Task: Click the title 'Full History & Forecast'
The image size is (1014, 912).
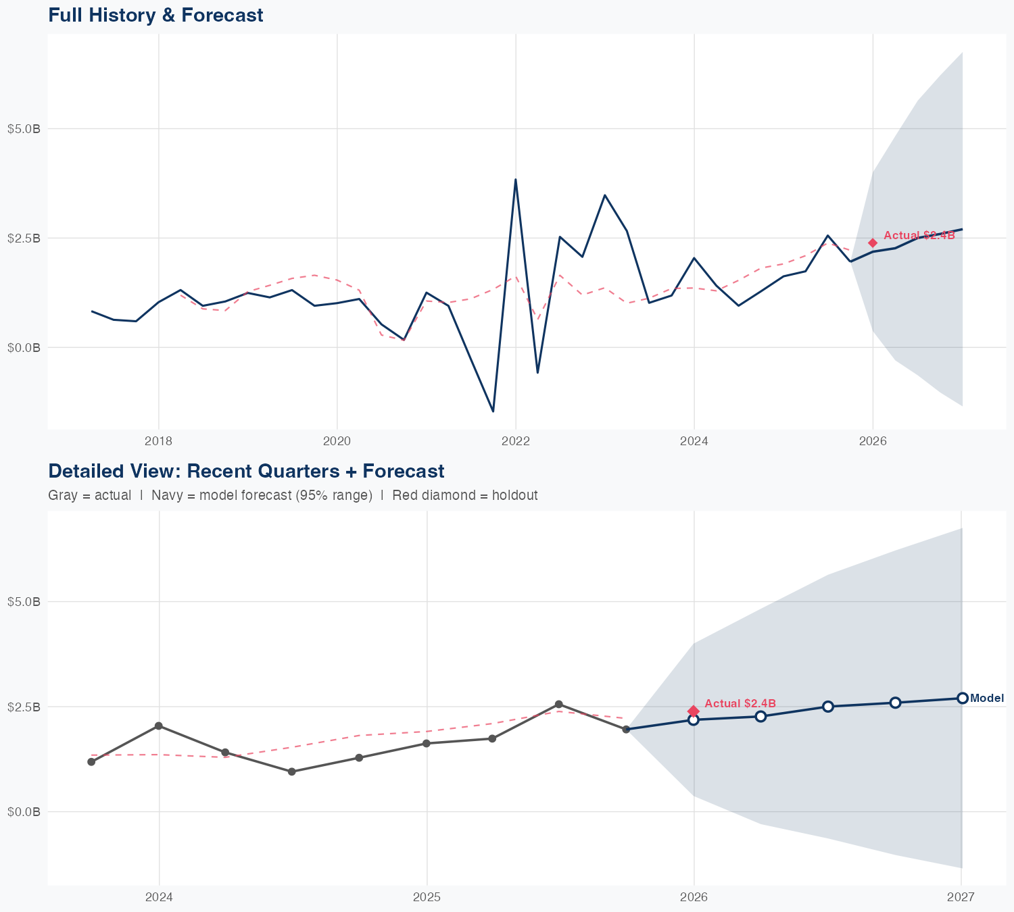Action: tap(155, 15)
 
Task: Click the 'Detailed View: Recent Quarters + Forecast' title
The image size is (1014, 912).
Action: tap(246, 471)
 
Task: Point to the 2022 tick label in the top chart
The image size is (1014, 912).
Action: tap(516, 441)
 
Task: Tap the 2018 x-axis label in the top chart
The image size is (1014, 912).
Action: tap(159, 441)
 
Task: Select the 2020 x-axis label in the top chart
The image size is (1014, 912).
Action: tap(337, 441)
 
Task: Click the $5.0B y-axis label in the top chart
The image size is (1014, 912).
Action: tap(24, 128)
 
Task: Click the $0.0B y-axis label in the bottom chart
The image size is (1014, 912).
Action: tap(24, 811)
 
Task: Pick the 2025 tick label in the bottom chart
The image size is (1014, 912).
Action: tap(427, 897)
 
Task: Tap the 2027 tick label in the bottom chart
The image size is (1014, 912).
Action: tap(961, 897)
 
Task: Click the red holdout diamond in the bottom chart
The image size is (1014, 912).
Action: tap(694, 711)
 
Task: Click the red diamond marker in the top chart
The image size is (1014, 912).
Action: tap(873, 243)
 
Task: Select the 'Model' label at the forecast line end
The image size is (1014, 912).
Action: tap(987, 699)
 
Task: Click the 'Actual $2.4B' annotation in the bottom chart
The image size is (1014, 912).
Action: tap(740, 703)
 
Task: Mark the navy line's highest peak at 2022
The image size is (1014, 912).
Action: tap(516, 180)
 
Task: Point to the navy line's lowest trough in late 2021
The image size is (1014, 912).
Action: tap(493, 411)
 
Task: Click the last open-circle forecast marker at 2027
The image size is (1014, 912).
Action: tap(962, 698)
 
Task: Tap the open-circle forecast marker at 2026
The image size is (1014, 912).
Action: tap(694, 719)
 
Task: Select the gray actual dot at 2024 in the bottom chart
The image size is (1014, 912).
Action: tap(159, 726)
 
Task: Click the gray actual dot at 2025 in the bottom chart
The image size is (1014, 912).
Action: tap(427, 743)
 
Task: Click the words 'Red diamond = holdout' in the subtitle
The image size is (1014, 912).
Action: tap(465, 495)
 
